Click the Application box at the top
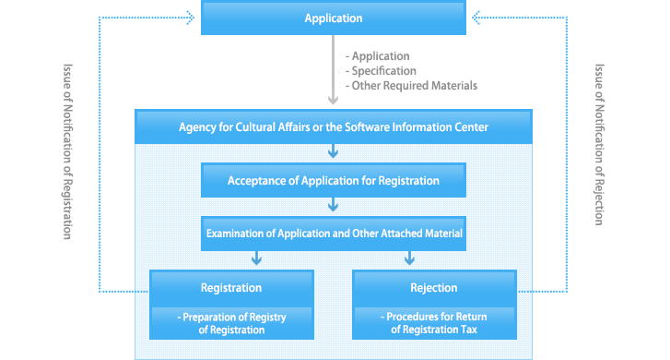[334, 18]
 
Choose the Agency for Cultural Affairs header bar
[333, 126]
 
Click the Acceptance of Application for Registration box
[334, 181]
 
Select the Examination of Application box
[334, 234]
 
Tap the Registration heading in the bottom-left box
[231, 288]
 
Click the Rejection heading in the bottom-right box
[433, 288]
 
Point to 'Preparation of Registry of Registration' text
[231, 323]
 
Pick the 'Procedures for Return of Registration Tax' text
[433, 323]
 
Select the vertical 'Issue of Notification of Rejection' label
[599, 145]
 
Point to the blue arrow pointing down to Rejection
[408, 259]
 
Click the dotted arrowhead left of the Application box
[189, 16]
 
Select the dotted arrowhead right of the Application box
[478, 16]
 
